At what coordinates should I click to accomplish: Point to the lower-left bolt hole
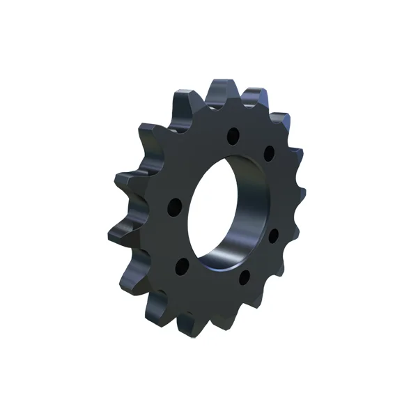point(182,265)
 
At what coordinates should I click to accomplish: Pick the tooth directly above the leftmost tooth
point(125,183)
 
